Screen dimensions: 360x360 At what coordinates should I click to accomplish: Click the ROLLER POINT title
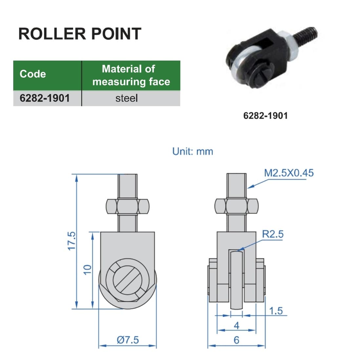(80, 34)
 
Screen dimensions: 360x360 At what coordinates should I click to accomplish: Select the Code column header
(33, 74)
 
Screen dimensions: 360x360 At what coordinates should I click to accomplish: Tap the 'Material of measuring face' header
(131, 75)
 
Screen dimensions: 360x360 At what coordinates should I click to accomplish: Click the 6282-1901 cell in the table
(45, 98)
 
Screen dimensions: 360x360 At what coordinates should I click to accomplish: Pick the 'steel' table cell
(127, 98)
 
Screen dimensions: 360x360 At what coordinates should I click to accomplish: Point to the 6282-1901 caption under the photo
(265, 115)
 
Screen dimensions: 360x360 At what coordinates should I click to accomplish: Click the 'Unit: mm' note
(193, 151)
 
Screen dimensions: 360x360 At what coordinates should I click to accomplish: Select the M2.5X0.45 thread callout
(289, 173)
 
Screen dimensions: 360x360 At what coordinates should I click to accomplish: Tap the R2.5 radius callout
(272, 234)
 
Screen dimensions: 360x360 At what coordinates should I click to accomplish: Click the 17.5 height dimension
(72, 241)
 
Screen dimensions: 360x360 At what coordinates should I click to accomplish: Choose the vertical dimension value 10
(87, 270)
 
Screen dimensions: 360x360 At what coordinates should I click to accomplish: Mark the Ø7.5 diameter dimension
(128, 340)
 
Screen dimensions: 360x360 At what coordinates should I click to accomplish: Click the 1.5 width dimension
(275, 310)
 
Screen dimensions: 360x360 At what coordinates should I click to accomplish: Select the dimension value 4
(236, 326)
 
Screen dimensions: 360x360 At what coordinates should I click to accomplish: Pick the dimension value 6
(236, 340)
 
